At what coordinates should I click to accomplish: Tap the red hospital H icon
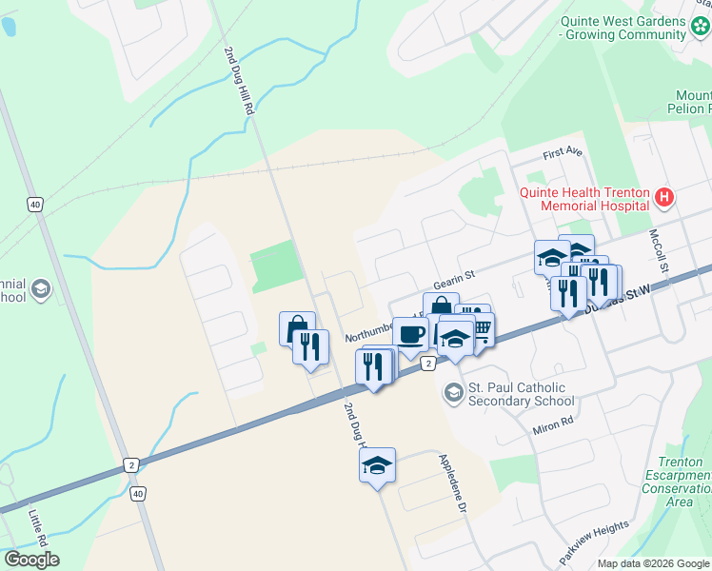[x=664, y=198]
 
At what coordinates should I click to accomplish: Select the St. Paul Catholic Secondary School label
[x=517, y=394]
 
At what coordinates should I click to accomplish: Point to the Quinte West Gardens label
[x=623, y=28]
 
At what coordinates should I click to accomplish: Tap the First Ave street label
[x=562, y=153]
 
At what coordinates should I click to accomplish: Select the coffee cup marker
[x=411, y=336]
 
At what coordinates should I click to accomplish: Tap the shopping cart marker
[x=481, y=329]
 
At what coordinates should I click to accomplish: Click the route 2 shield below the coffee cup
[x=428, y=364]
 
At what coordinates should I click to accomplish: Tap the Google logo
[x=31, y=560]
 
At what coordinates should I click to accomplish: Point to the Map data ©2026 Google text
[x=652, y=563]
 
